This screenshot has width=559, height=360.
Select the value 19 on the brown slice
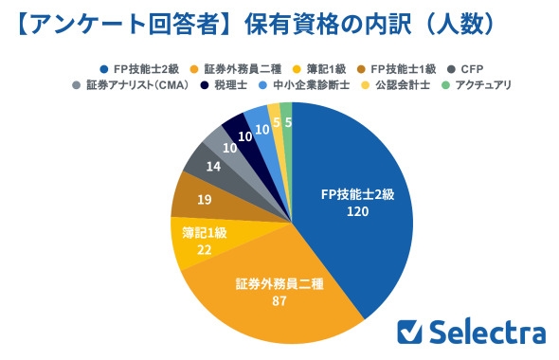pyautogui.click(x=202, y=200)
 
